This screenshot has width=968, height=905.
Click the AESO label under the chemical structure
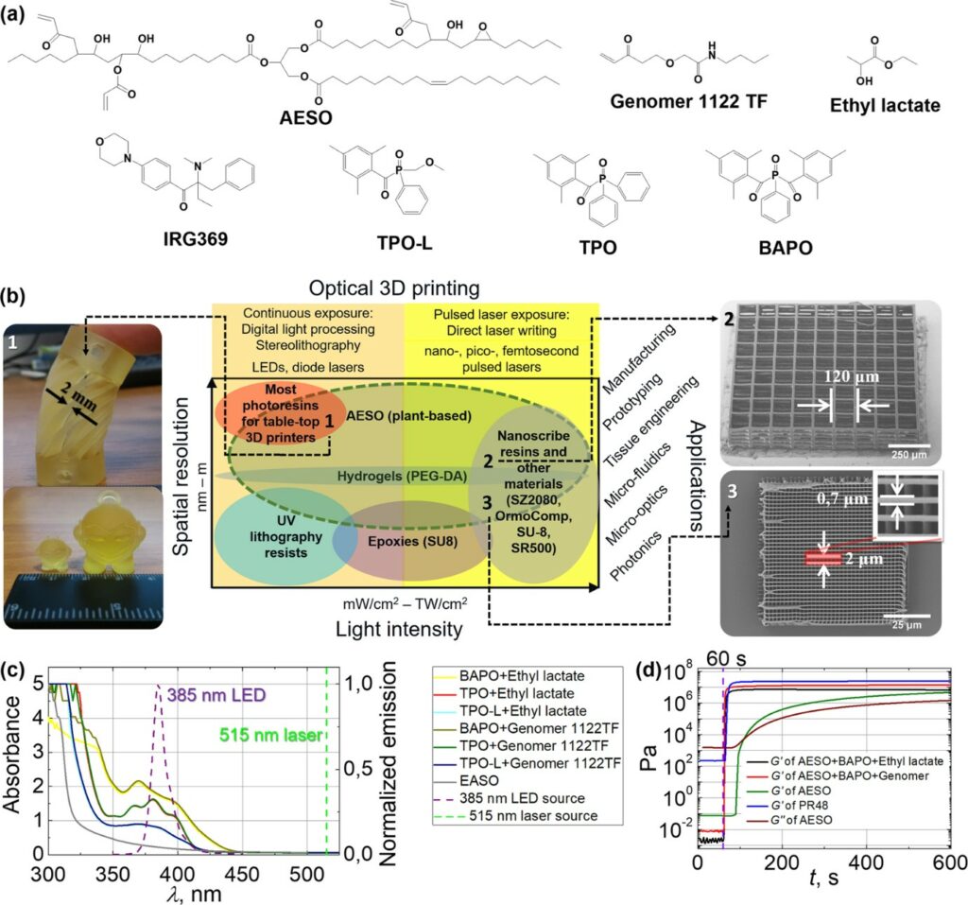coord(305,116)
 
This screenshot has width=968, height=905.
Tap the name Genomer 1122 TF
coord(688,100)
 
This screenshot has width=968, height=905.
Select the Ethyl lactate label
coord(885,105)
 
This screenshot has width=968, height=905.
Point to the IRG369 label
coord(195,238)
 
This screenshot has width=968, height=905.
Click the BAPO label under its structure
coord(786,248)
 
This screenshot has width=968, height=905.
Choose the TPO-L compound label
coord(405,243)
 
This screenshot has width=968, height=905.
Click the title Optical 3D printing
coord(394,287)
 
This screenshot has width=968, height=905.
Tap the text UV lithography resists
coord(285,537)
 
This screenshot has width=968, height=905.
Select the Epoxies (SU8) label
coord(412,541)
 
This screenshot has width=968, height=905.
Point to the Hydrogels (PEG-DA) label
coord(402,477)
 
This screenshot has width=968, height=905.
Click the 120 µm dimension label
coord(851,376)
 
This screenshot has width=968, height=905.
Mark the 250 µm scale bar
coord(908,445)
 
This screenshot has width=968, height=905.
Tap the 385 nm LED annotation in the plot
coord(216,695)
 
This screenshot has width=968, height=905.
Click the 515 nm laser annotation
coord(271,735)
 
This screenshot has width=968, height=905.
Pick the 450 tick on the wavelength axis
coord(245,874)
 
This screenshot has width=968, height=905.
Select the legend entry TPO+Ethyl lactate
coord(517,694)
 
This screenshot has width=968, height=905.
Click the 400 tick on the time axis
coord(866,862)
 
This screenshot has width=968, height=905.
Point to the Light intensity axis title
coord(399,629)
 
